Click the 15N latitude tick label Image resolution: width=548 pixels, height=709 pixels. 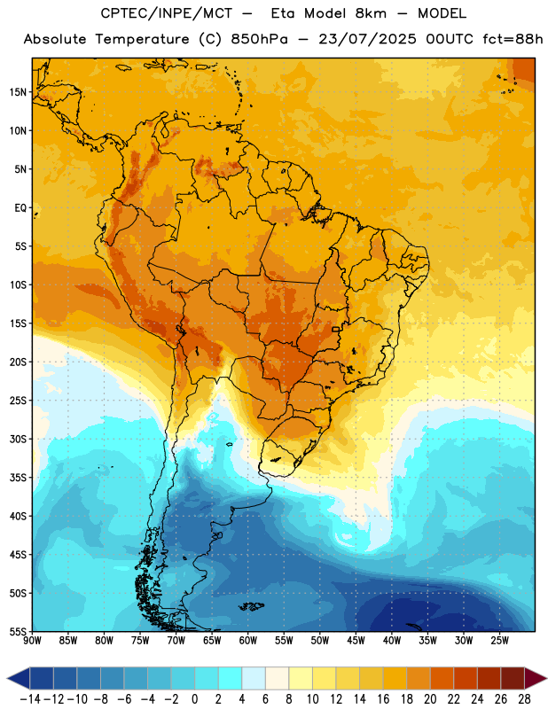(18, 92)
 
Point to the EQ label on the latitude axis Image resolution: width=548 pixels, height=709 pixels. (20, 208)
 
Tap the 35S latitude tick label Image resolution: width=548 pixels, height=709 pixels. (18, 478)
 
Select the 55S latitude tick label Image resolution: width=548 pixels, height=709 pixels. (18, 631)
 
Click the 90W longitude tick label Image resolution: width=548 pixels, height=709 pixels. (32, 641)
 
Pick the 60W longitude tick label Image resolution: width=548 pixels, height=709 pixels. (248, 641)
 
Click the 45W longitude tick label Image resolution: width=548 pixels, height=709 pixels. (356, 641)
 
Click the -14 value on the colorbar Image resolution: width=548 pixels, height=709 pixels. (31, 699)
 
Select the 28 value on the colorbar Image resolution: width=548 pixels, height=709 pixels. (524, 699)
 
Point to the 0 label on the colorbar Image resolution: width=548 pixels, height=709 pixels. (195, 699)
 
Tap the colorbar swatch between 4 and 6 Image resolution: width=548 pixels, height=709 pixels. (254, 678)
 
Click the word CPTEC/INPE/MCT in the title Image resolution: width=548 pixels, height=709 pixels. (167, 13)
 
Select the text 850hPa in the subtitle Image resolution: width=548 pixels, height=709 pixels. (259, 39)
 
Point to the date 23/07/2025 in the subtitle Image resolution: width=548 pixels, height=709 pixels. (367, 39)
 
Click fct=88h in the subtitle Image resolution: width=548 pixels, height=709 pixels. (513, 39)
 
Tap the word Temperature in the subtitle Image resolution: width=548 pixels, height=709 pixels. (142, 39)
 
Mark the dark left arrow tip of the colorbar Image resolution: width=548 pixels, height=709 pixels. (8, 678)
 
